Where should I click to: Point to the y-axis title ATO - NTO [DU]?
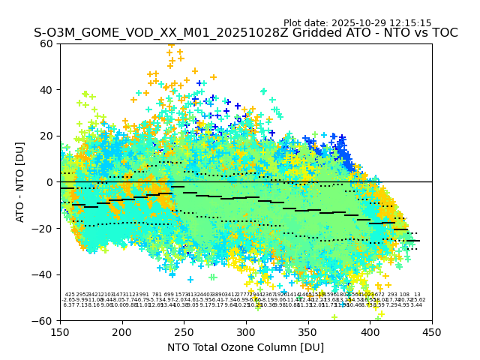(x=21, y=182)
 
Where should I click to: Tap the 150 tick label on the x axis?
(x=60, y=331)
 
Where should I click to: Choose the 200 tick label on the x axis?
(x=122, y=331)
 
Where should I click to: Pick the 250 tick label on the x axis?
(x=184, y=331)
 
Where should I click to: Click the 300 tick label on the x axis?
(x=246, y=331)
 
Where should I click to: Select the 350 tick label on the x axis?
(x=308, y=331)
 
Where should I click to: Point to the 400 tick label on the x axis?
(x=370, y=331)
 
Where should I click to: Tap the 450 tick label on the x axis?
(x=432, y=331)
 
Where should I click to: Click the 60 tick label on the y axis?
(x=48, y=43)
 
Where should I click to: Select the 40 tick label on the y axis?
(x=48, y=90)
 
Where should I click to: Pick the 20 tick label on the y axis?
(x=48, y=136)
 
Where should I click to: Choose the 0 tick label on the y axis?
(x=51, y=182)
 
